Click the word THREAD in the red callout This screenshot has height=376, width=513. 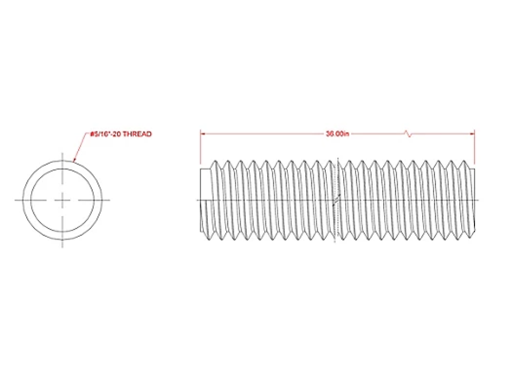point(137,134)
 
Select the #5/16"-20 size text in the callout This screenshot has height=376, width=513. point(106,134)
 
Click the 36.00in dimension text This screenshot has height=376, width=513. point(338,134)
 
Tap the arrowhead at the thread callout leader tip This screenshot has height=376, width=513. point(74,160)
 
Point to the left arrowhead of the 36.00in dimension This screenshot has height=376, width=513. point(203,134)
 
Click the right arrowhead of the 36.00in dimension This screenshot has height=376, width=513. point(472,134)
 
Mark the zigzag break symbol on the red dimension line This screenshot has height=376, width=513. point(408,134)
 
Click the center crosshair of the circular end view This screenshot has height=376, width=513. point(62,200)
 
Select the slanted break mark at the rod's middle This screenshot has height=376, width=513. point(337,200)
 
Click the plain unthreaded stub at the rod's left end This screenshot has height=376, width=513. point(205,200)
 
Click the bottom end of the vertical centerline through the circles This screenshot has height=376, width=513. point(62,247)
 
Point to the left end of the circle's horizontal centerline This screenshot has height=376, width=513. point(15,200)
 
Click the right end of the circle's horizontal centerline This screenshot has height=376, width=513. point(110,200)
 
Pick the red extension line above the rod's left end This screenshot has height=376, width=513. point(200,147)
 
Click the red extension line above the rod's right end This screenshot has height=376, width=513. point(475,147)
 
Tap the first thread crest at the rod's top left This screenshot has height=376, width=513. point(214,161)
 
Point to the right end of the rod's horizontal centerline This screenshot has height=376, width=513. point(479,200)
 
